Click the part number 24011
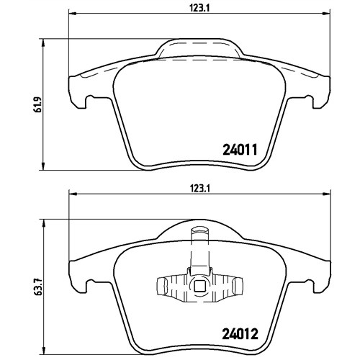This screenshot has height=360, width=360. click(240, 150)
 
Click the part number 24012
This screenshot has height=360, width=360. click(240, 333)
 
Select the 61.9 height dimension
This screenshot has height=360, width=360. click(38, 104)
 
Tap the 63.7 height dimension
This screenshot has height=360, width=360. click(39, 287)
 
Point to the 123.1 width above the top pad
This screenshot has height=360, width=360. click(200, 9)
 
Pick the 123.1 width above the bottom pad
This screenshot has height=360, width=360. click(200, 189)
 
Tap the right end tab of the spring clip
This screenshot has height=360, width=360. click(238, 286)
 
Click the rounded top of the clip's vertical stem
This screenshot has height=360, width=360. click(200, 229)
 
